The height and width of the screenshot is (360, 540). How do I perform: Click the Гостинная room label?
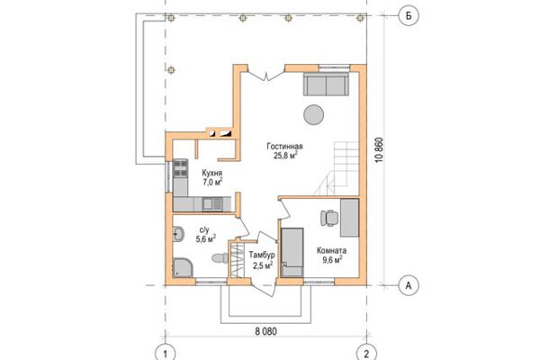284,147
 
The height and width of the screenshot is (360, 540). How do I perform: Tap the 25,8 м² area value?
285,156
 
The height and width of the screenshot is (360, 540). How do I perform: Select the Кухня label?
211,174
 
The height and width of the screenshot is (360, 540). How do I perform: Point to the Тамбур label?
262,256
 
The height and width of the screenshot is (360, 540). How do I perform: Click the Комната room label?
331,250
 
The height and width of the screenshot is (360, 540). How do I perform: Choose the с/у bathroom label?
204,229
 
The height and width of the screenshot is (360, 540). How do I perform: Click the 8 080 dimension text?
265,332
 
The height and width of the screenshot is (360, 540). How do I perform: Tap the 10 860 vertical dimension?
379,150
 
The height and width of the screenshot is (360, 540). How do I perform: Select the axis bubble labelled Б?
409,15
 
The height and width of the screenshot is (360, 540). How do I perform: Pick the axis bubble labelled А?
409,285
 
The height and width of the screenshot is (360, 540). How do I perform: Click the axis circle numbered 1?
166,353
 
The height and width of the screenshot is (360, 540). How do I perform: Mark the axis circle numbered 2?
366,353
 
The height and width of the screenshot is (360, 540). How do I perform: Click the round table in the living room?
314,114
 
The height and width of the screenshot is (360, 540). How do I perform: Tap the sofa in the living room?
326,84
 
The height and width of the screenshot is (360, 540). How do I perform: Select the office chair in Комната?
329,218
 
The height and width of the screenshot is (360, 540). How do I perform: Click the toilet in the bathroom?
220,258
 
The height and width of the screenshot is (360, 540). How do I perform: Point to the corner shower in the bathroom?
183,267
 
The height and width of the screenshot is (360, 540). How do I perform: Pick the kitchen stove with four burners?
180,168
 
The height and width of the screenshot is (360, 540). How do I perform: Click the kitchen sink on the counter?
211,204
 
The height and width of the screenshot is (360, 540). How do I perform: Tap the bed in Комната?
292,252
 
